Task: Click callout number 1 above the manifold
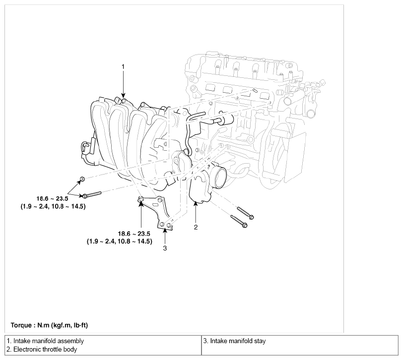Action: coord(123,67)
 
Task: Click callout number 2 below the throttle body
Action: coord(196,227)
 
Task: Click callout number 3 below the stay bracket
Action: coord(165,248)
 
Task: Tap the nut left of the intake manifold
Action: coord(82,179)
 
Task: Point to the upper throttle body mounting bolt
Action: coord(245,213)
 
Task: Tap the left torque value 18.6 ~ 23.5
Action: coord(52,198)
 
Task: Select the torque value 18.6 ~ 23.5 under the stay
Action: coord(134,234)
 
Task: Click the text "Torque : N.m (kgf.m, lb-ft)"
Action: coord(49,325)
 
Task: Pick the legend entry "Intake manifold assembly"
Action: coord(49,341)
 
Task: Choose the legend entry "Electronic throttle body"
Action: coord(45,350)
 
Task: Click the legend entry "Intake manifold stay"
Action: coord(238,341)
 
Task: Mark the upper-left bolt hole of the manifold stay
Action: coord(141,199)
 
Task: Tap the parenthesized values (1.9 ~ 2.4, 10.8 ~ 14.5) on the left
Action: coord(53,206)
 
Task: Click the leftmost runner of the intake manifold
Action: coord(102,133)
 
